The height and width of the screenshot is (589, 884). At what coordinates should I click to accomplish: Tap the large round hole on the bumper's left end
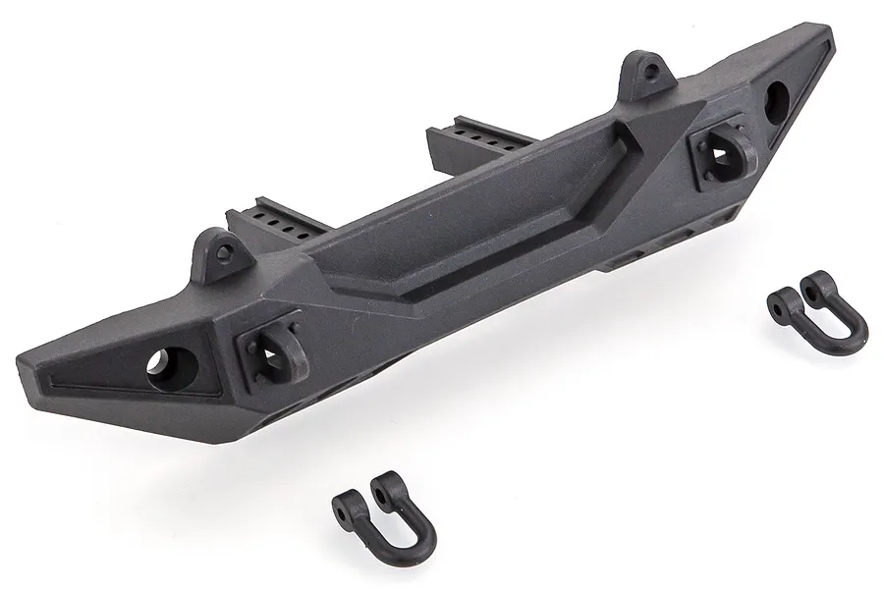158,367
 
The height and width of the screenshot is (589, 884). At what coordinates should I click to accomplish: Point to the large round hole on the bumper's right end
776,102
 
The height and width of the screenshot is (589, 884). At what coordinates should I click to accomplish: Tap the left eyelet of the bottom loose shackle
345,502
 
